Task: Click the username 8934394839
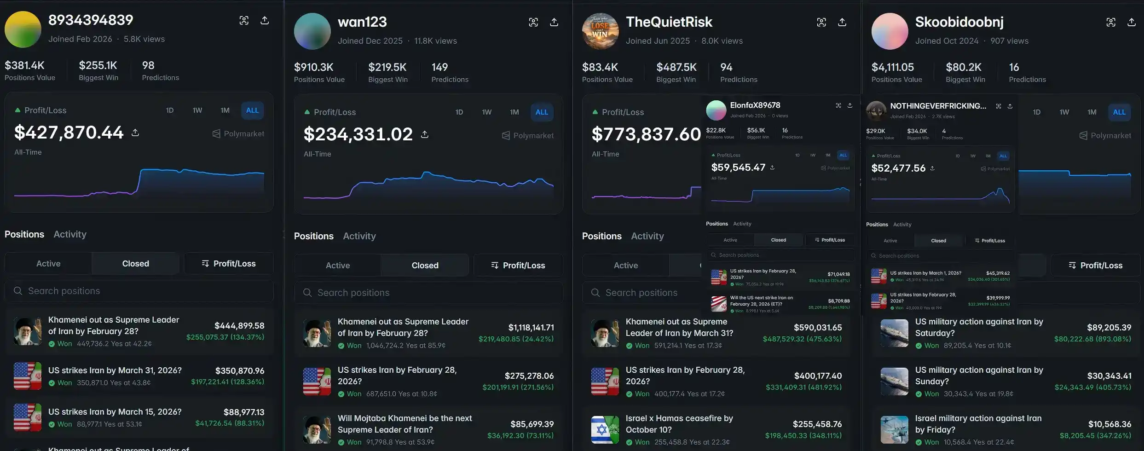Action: pyautogui.click(x=91, y=20)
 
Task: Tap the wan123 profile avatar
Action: pyautogui.click(x=312, y=31)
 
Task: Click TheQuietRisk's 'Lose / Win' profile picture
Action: pyautogui.click(x=600, y=31)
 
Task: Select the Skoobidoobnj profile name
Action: pyautogui.click(x=959, y=22)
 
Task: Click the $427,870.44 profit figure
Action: pyautogui.click(x=69, y=133)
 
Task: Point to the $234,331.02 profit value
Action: pyautogui.click(x=358, y=134)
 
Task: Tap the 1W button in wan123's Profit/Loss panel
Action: pyautogui.click(x=486, y=112)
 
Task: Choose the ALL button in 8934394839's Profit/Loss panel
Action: pyautogui.click(x=252, y=110)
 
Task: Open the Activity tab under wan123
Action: pyautogui.click(x=359, y=236)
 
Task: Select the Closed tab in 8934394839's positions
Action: pyautogui.click(x=135, y=264)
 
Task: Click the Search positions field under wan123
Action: pyautogui.click(x=428, y=293)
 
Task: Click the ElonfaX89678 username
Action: pyautogui.click(x=755, y=105)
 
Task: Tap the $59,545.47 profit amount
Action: pyautogui.click(x=738, y=168)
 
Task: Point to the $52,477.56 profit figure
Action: pyautogui.click(x=898, y=168)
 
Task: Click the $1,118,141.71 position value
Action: pyautogui.click(x=531, y=328)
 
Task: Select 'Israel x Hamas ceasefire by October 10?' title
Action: pyautogui.click(x=679, y=424)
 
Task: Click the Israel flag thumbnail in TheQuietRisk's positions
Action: pyautogui.click(x=605, y=430)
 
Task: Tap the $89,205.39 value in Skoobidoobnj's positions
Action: pyautogui.click(x=1109, y=328)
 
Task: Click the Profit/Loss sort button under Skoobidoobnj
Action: pyautogui.click(x=1095, y=266)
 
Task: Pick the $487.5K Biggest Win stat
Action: pyautogui.click(x=676, y=68)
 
